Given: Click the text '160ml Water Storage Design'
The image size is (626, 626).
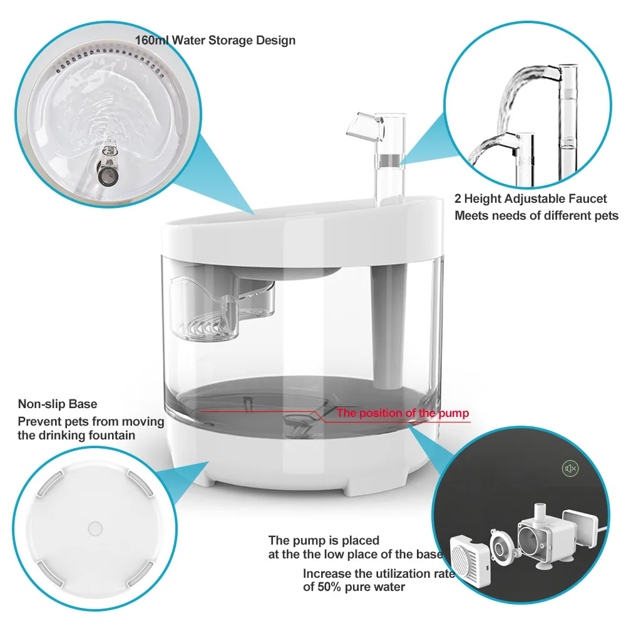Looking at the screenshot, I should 215,41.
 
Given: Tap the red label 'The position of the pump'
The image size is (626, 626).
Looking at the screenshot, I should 403,413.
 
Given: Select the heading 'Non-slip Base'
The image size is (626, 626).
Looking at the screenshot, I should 58,404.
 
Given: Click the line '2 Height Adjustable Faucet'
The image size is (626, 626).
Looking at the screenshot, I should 530,198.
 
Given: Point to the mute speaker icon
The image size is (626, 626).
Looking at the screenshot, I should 570,469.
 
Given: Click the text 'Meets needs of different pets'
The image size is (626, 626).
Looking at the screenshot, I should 536,216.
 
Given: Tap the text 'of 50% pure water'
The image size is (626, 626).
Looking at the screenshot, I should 354,587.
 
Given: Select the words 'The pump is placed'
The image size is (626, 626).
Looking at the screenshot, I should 324,540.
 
